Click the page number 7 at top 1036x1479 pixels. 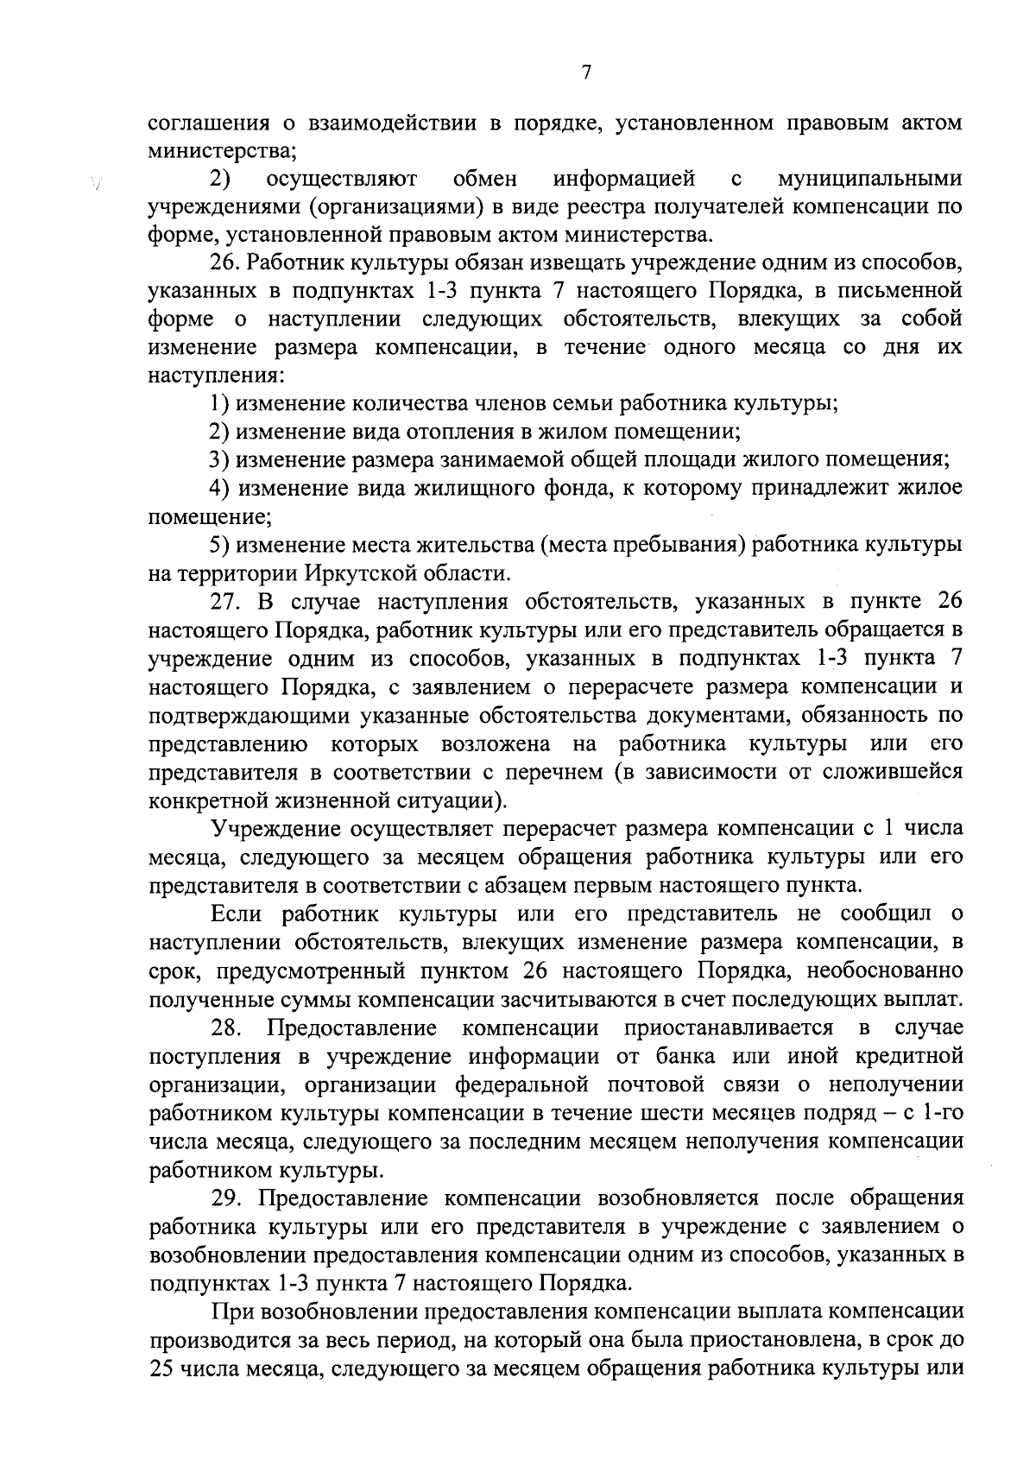click(x=585, y=73)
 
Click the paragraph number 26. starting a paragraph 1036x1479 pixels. click(x=227, y=263)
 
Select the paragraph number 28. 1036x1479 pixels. click(x=229, y=1027)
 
